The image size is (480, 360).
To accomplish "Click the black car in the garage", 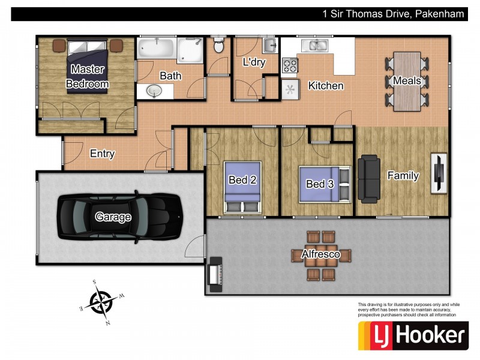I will [120, 217].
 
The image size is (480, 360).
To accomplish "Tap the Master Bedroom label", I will [87, 77].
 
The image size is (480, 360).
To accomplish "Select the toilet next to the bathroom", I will [218, 44].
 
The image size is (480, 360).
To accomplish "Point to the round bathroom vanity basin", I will [154, 91].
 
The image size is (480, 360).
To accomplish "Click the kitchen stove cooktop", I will [290, 65].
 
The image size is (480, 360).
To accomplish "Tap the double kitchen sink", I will [315, 45].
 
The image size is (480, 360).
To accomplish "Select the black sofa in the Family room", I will [369, 178].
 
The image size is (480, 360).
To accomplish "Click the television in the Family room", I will [439, 173].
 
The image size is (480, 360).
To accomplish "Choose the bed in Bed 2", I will [243, 187].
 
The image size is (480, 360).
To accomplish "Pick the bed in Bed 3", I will [325, 184].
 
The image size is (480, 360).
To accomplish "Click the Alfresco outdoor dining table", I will [320, 256].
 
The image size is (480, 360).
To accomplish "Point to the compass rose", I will [102, 303].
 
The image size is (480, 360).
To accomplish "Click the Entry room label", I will [102, 154].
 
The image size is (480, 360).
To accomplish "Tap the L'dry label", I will [254, 62].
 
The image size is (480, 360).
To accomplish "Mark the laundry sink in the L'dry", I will [269, 46].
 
